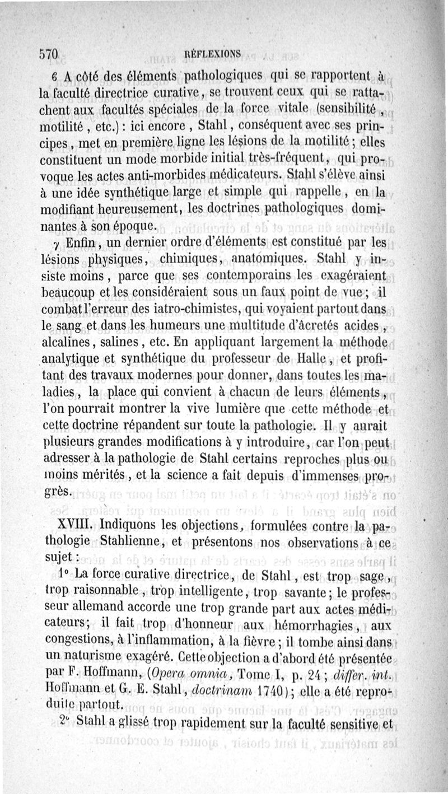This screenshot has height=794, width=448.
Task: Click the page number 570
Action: click(x=50, y=55)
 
